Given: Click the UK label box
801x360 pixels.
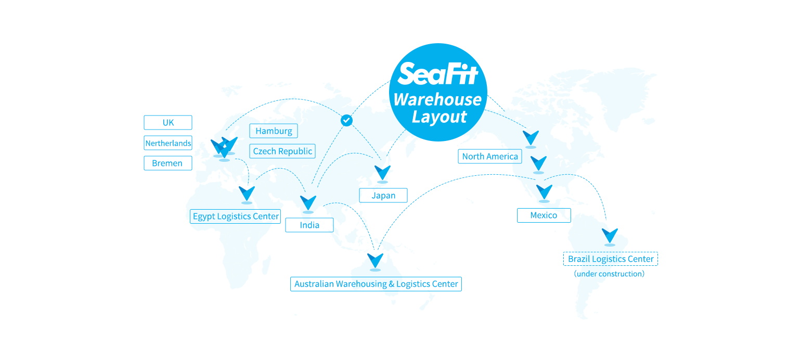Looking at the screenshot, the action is (x=167, y=123).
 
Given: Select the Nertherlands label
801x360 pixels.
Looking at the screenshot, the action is (x=167, y=143).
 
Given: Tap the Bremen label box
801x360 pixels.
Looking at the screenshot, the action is (x=167, y=163).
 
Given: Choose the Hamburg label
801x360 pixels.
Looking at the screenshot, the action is (x=274, y=131).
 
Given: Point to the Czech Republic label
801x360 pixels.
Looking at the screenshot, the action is (x=282, y=151).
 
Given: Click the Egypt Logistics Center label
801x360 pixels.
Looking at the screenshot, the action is (x=235, y=216).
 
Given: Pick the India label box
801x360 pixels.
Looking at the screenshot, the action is (x=309, y=225).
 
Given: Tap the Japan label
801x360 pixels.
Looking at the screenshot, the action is (x=383, y=196).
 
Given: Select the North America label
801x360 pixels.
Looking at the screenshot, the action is (x=490, y=157).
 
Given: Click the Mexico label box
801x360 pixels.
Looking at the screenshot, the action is (x=544, y=215).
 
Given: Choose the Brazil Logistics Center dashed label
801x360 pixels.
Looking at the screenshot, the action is (x=611, y=259).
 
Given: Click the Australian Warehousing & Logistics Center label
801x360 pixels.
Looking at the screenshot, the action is (x=376, y=284).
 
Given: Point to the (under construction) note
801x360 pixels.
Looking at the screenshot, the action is (x=609, y=274).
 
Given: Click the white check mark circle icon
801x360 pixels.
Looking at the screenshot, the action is (x=346, y=121).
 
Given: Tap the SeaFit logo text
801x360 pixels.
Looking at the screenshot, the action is (x=437, y=74).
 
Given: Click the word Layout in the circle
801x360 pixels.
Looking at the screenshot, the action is (x=439, y=117).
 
